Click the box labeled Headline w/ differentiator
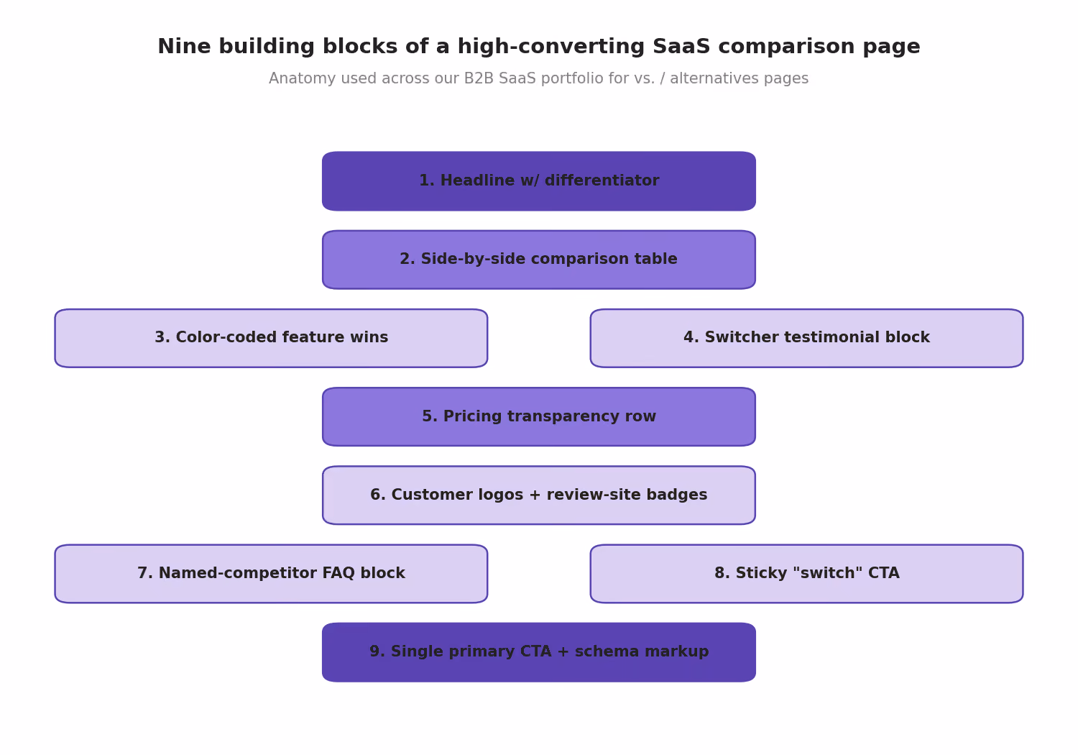pos(539,181)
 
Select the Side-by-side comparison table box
pos(539,260)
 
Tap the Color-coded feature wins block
pos(271,338)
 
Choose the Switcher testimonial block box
pos(806,338)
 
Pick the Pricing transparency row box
pos(539,416)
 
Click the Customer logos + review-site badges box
pos(539,495)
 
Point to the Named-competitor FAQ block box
pos(271,574)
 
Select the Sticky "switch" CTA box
pos(806,574)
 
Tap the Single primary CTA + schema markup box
pos(539,652)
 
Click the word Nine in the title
pos(184,47)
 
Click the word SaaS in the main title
pos(681,47)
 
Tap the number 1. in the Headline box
pos(427,180)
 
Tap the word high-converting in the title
pos(551,47)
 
